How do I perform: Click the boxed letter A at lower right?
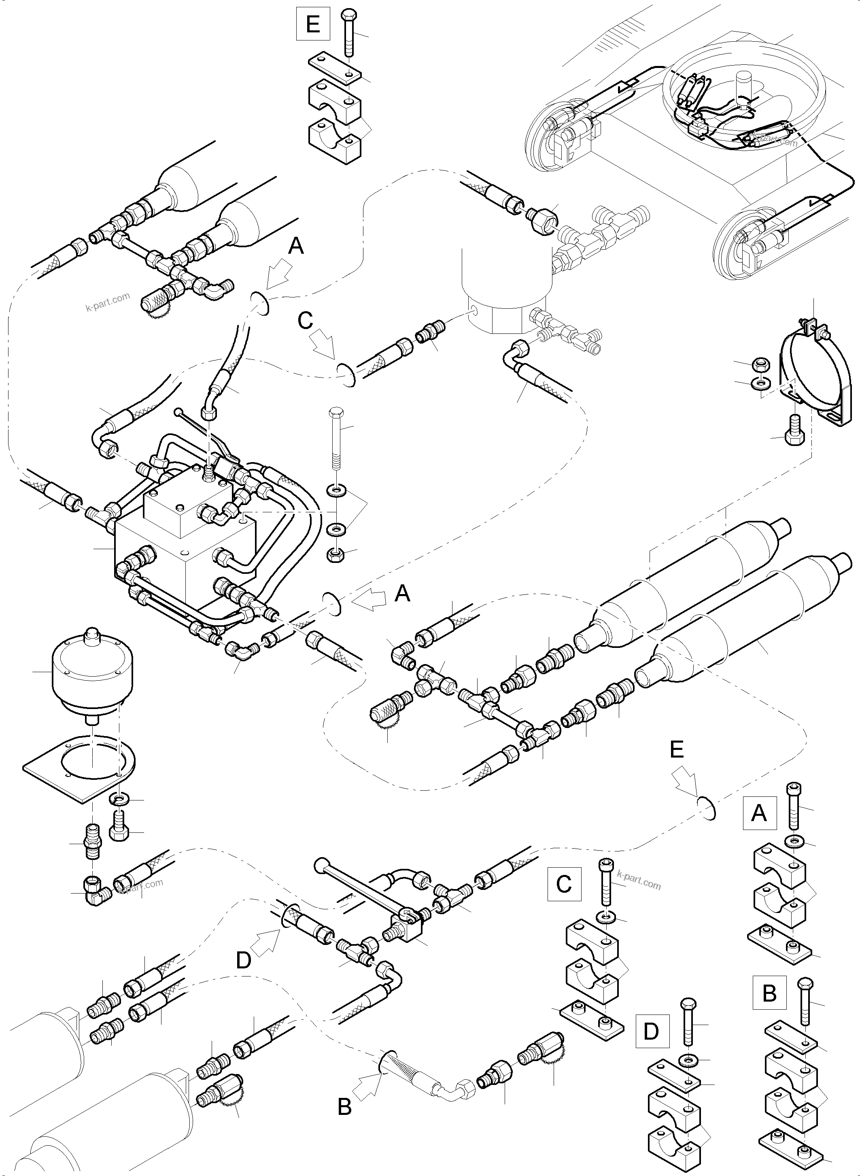point(759,813)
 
